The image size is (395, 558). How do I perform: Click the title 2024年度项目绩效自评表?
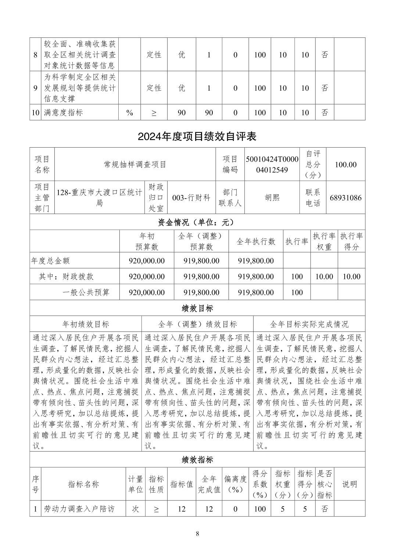[x=197, y=137]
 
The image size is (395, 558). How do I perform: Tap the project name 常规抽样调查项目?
[x=135, y=164]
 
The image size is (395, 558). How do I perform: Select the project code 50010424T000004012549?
[x=272, y=164]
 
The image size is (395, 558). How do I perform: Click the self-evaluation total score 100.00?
[x=345, y=164]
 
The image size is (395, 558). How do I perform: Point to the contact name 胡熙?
[x=272, y=198]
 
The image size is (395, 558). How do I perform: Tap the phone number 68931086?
[x=345, y=198]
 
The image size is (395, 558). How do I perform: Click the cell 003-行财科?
[x=191, y=198]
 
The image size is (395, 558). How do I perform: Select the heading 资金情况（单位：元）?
[x=197, y=222]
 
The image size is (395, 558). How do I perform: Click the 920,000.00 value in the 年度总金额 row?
[x=147, y=261]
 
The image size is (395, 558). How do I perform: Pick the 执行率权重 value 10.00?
[x=324, y=276]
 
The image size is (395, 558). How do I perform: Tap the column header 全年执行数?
[x=256, y=241]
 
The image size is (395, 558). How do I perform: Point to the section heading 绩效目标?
[x=197, y=308]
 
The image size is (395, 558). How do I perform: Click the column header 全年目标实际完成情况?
[x=309, y=324]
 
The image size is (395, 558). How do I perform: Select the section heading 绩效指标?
[x=197, y=460]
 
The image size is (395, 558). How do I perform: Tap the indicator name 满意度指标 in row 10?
[x=63, y=113]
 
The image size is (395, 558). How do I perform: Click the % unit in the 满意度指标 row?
[x=130, y=113]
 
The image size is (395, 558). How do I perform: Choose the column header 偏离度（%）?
[x=235, y=484]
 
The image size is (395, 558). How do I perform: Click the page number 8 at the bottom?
[x=197, y=534]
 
